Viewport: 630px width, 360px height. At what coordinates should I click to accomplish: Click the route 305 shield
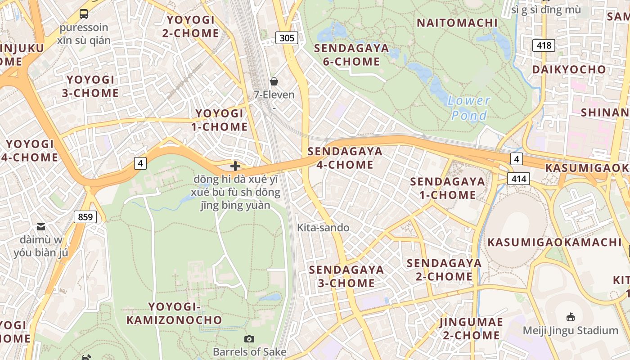click(x=287, y=38)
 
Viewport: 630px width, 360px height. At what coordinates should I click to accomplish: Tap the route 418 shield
click(x=544, y=45)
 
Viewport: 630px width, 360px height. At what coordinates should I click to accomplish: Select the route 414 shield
click(x=518, y=179)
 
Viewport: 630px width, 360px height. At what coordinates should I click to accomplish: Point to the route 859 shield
click(x=85, y=217)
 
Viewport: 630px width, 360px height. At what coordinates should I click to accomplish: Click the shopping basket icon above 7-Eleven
click(x=274, y=81)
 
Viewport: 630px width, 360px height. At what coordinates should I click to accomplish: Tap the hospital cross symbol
click(x=235, y=166)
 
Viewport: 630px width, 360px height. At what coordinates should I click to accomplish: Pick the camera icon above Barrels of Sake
click(x=249, y=339)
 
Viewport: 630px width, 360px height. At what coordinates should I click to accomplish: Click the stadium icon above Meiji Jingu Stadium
click(x=571, y=317)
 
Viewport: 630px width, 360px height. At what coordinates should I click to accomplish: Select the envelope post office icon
click(x=41, y=226)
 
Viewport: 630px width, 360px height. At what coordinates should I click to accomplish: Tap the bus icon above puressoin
click(x=84, y=14)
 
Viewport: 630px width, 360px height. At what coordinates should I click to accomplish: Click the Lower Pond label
click(x=469, y=108)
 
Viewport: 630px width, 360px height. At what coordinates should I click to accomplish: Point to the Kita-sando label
click(x=323, y=228)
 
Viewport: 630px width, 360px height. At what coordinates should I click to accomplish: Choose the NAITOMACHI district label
click(x=457, y=23)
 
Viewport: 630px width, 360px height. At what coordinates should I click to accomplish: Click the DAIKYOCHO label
click(x=569, y=70)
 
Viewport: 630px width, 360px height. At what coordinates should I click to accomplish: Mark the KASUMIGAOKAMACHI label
click(x=554, y=242)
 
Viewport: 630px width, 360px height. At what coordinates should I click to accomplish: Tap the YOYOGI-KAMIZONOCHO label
click(x=174, y=314)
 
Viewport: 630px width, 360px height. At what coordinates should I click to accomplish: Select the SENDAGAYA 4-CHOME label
click(x=345, y=158)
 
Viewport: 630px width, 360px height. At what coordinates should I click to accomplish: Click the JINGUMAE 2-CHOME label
click(x=471, y=328)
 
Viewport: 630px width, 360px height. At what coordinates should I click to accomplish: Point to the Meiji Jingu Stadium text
click(x=570, y=331)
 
